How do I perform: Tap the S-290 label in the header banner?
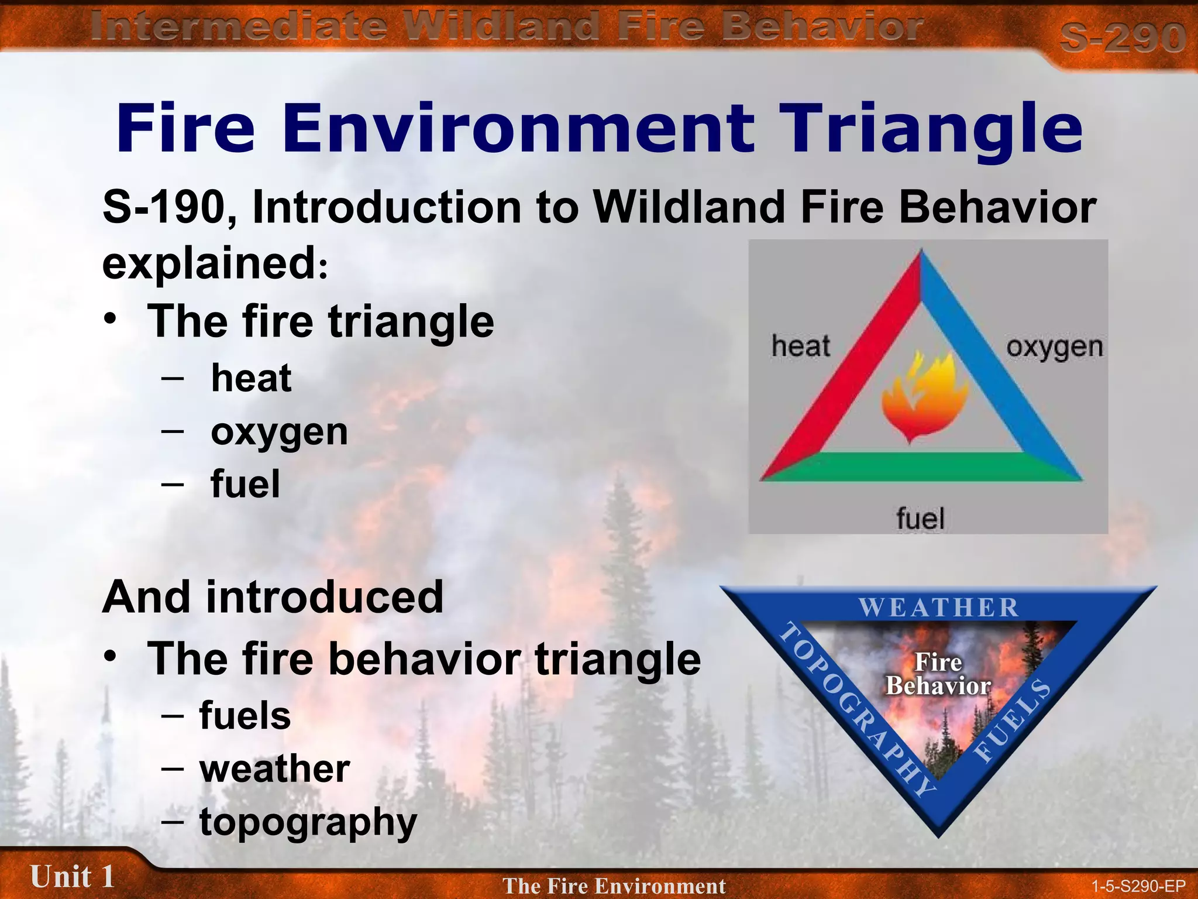tap(1122, 37)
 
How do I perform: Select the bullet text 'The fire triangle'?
tap(321, 321)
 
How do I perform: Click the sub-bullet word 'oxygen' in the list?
tap(279, 433)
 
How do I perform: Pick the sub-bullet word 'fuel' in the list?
tap(245, 485)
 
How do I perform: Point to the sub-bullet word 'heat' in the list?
tap(251, 378)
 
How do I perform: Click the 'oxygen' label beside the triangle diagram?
tap(1054, 348)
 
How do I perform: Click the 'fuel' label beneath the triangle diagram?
tap(920, 519)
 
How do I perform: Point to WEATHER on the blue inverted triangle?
tap(938, 608)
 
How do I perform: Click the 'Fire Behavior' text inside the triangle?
tap(938, 674)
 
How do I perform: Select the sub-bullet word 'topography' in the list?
tap(308, 822)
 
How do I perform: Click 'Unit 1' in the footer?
tap(72, 877)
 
